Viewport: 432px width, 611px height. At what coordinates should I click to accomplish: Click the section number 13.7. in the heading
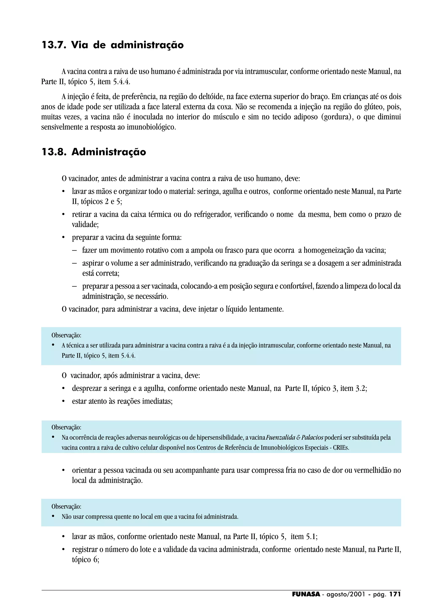coord(54,45)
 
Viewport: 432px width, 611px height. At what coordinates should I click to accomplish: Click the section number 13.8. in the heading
coord(54,152)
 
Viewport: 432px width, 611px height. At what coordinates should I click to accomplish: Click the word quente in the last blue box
coord(122,517)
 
